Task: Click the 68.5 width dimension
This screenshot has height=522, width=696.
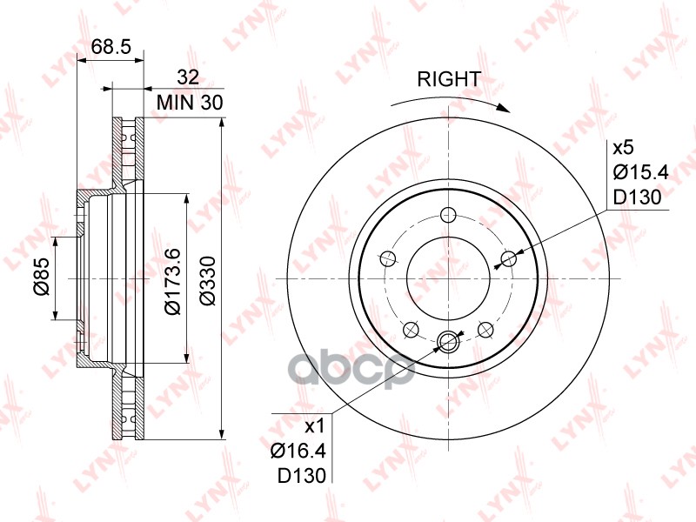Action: coord(111,46)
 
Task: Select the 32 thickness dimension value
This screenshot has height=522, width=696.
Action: coord(188,77)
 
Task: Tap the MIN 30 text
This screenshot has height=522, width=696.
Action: coord(190,103)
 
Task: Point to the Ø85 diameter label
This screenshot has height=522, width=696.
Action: coord(40,278)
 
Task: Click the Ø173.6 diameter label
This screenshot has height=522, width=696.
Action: coord(171,281)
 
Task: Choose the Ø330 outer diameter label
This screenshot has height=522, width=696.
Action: coord(207,280)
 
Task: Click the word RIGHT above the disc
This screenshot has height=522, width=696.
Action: coord(449,79)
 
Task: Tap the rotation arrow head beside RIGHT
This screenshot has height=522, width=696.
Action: coord(503,108)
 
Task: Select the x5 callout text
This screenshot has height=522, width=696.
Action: coord(623,148)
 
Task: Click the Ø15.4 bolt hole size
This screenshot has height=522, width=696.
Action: coord(640,172)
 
